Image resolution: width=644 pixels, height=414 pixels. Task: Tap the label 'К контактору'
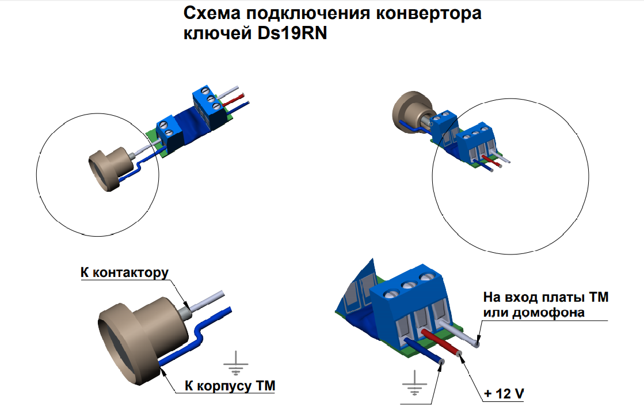pyautogui.click(x=124, y=273)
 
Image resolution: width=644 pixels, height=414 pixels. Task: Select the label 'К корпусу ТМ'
pyautogui.click(x=230, y=386)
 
